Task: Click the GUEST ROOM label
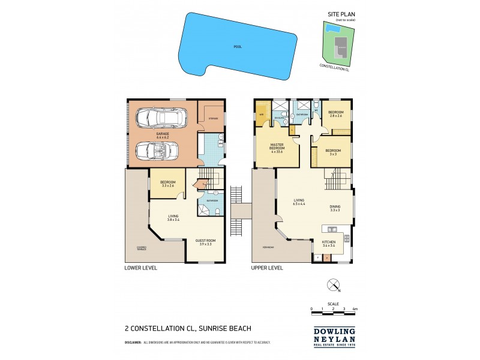[205, 242]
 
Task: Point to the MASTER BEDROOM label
[277, 147]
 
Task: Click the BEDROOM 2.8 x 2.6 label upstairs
[335, 114]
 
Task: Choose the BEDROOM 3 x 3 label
[332, 152]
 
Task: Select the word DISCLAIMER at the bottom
[133, 342]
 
